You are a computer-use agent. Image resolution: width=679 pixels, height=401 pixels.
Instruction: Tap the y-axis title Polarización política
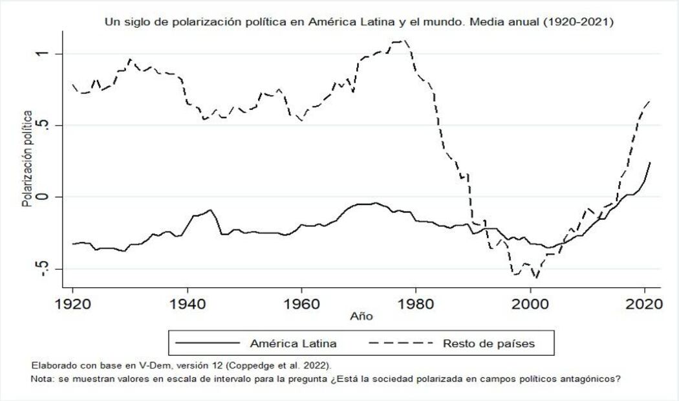tap(27, 159)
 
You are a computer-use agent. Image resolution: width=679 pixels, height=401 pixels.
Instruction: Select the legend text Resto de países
tap(489, 343)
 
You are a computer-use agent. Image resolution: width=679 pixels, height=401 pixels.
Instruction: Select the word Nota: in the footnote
tap(43, 379)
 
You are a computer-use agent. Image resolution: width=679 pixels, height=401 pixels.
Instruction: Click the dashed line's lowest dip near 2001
tap(535, 278)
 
